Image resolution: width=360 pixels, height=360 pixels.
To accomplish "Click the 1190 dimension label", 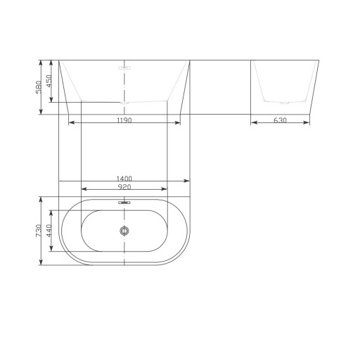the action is point(124,120).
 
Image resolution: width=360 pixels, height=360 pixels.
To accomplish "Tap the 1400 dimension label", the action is point(124,179).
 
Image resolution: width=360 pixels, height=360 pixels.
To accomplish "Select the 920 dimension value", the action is point(124,187).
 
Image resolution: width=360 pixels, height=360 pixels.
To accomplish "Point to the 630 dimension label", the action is point(280,120).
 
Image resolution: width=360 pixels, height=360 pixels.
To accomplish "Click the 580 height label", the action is point(39,87).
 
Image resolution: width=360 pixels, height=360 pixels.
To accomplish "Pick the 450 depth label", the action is point(49,81).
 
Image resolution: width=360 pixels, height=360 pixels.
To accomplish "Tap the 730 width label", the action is point(39,231).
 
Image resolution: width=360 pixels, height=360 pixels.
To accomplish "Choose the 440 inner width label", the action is point(49,231).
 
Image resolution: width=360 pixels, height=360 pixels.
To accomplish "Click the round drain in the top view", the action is point(124,231).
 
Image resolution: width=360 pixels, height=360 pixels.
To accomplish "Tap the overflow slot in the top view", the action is point(124,202).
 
